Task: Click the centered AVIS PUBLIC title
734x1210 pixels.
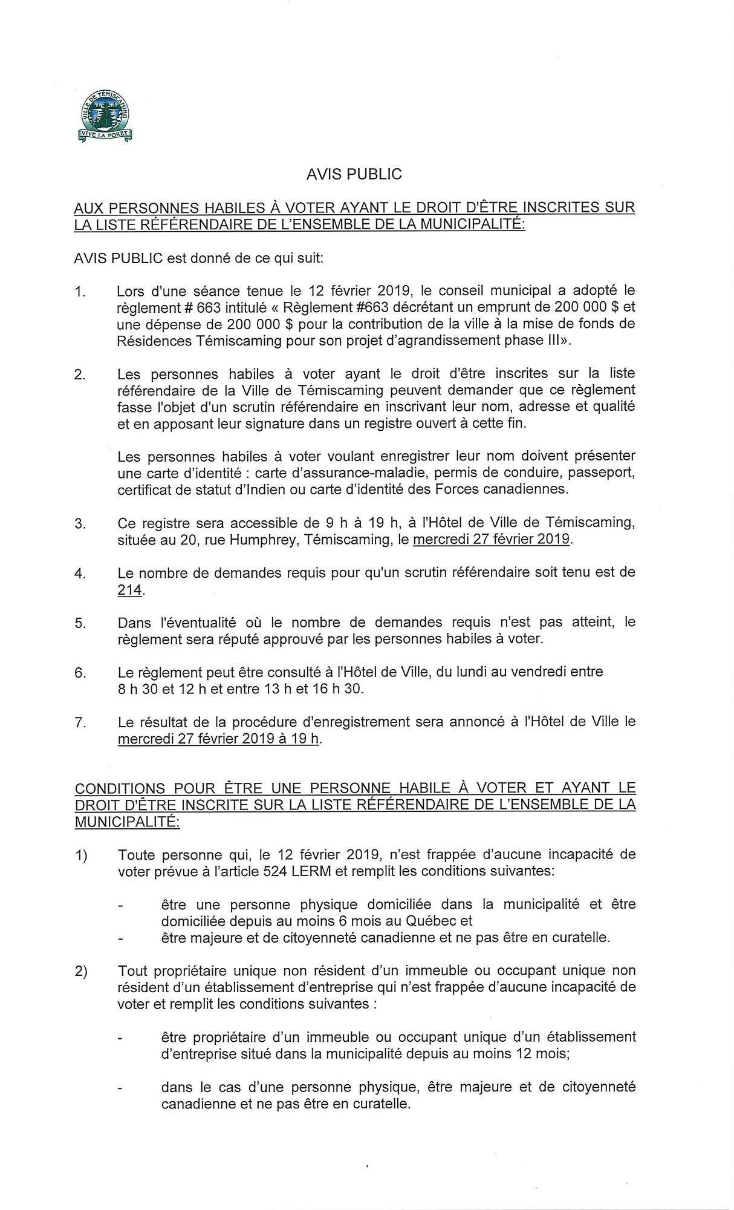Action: pyautogui.click(x=354, y=174)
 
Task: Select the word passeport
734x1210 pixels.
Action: pyautogui.click(x=602, y=471)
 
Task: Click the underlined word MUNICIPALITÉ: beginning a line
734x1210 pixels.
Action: pyautogui.click(x=127, y=822)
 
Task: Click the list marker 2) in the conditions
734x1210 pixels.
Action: pyautogui.click(x=81, y=971)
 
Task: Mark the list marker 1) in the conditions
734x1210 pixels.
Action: pyautogui.click(x=81, y=855)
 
